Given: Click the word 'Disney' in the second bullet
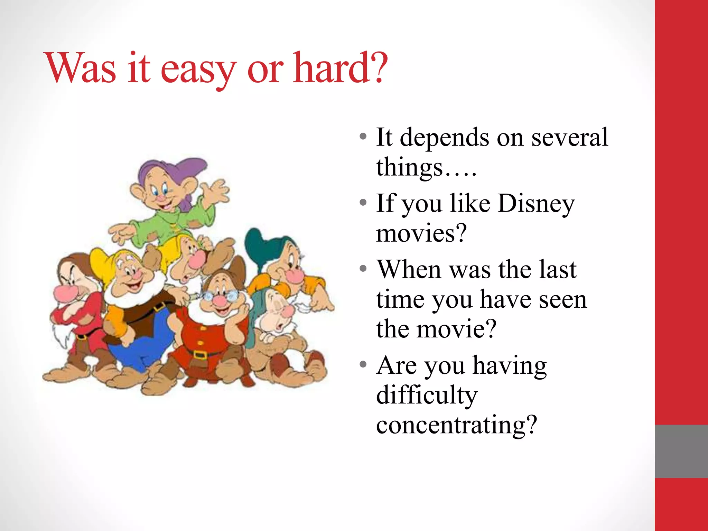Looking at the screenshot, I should click(x=536, y=204).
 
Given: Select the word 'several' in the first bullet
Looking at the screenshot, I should click(x=569, y=137).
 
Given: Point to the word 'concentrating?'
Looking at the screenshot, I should click(x=456, y=425).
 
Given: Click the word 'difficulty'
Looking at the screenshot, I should click(x=427, y=395).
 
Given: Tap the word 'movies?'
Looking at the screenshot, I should click(x=421, y=234).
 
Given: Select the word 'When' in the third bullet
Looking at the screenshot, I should click(x=409, y=270).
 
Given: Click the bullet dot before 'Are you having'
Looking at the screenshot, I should click(x=363, y=365).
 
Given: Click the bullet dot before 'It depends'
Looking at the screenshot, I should click(x=363, y=137).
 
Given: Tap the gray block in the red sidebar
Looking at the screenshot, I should click(x=681, y=451).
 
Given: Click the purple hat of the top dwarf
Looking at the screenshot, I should click(x=166, y=169).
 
